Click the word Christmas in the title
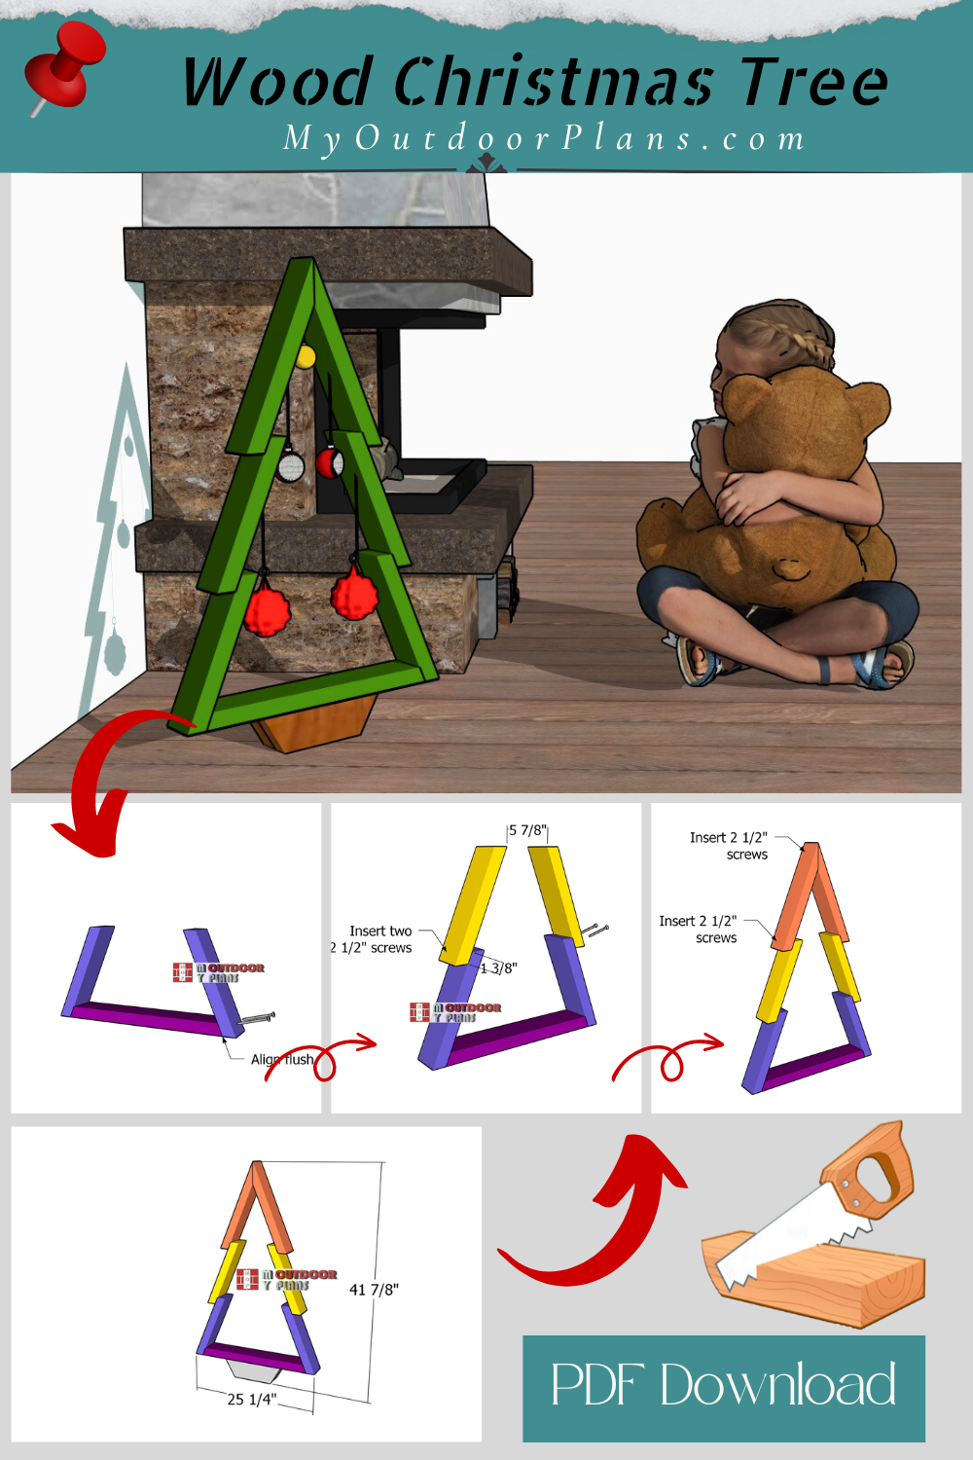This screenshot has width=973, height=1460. point(554,82)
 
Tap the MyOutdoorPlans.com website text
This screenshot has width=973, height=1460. point(545,138)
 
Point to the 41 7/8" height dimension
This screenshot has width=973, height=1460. point(374,1290)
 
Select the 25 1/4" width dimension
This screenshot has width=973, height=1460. point(252,1399)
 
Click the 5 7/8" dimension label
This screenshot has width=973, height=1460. point(528,830)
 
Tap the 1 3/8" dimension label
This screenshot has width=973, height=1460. point(499,968)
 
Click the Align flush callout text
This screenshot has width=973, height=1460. point(281,1059)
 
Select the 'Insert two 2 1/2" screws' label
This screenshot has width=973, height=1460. point(374,939)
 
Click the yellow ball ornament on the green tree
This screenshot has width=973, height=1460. point(305,356)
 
